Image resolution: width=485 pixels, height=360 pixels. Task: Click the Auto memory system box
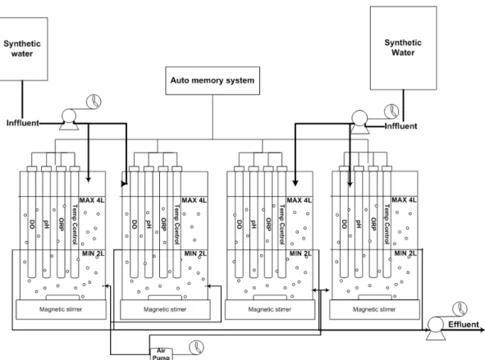click(213, 80)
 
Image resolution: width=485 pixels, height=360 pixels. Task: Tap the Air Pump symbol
click(161, 353)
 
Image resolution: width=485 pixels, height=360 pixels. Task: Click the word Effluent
click(464, 325)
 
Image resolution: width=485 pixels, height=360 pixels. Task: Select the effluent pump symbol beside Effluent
click(436, 329)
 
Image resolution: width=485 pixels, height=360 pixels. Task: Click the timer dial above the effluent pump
click(460, 309)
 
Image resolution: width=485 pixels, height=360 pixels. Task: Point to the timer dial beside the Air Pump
click(197, 348)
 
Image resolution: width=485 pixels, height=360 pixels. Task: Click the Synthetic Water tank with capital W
click(403, 48)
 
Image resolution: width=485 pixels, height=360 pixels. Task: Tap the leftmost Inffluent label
click(23, 123)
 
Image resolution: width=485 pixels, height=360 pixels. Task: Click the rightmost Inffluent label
click(400, 126)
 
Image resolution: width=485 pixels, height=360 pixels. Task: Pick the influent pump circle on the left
click(69, 116)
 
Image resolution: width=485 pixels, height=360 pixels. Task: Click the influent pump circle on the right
click(359, 118)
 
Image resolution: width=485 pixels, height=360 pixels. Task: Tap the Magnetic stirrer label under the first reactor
click(61, 309)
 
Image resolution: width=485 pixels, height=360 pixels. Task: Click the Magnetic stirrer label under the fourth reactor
click(374, 309)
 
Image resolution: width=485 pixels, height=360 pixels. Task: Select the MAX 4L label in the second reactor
click(194, 201)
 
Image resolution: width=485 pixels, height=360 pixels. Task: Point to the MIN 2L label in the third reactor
click(300, 253)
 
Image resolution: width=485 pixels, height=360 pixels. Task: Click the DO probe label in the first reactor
click(32, 224)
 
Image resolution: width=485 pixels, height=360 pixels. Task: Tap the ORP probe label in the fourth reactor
click(373, 225)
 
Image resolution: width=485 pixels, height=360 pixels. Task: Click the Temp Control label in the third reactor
click(281, 225)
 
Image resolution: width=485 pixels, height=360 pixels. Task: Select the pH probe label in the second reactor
click(149, 224)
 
